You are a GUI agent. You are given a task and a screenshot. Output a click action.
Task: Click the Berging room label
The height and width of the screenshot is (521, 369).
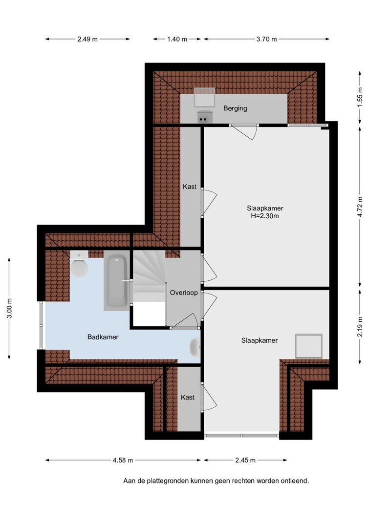pos(235,108)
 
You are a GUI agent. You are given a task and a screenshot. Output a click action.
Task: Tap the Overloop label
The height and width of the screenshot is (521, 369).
pos(184,293)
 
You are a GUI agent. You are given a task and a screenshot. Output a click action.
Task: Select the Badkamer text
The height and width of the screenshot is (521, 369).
pos(103,337)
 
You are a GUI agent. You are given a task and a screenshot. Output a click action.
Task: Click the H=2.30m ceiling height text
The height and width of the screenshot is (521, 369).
pos(264,216)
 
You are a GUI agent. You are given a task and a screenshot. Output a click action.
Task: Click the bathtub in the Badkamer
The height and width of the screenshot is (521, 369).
pos(116,280)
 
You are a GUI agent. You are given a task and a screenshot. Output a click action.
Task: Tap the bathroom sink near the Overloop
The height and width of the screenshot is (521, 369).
pos(195,347)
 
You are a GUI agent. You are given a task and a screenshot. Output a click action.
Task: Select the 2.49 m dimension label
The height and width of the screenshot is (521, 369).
pos(87,39)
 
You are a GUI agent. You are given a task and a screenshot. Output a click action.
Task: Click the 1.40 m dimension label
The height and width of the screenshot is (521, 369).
pos(177,39)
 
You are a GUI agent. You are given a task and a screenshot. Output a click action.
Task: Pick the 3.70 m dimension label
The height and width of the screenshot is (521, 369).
pos(267,39)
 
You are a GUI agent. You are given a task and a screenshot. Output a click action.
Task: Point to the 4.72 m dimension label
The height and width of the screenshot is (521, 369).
pos(360,207)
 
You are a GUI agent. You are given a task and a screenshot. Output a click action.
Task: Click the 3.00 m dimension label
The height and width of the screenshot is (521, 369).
pos(9,308)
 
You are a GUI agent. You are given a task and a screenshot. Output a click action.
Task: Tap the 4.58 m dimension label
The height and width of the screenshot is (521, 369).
pos(123,460)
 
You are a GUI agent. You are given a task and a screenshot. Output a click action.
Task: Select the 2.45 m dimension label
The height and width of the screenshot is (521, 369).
pos(245,460)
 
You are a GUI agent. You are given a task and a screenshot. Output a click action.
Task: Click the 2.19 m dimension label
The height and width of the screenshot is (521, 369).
pos(360,326)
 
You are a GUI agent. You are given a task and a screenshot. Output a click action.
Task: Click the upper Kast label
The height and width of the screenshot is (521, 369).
pos(190,187)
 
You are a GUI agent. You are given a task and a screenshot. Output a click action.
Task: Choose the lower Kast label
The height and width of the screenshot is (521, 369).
pos(188,397)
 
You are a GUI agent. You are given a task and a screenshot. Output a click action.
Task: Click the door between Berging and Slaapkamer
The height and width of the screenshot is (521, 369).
pos(244,131)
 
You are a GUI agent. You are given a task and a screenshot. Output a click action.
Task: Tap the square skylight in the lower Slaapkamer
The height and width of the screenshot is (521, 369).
pos(309,346)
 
